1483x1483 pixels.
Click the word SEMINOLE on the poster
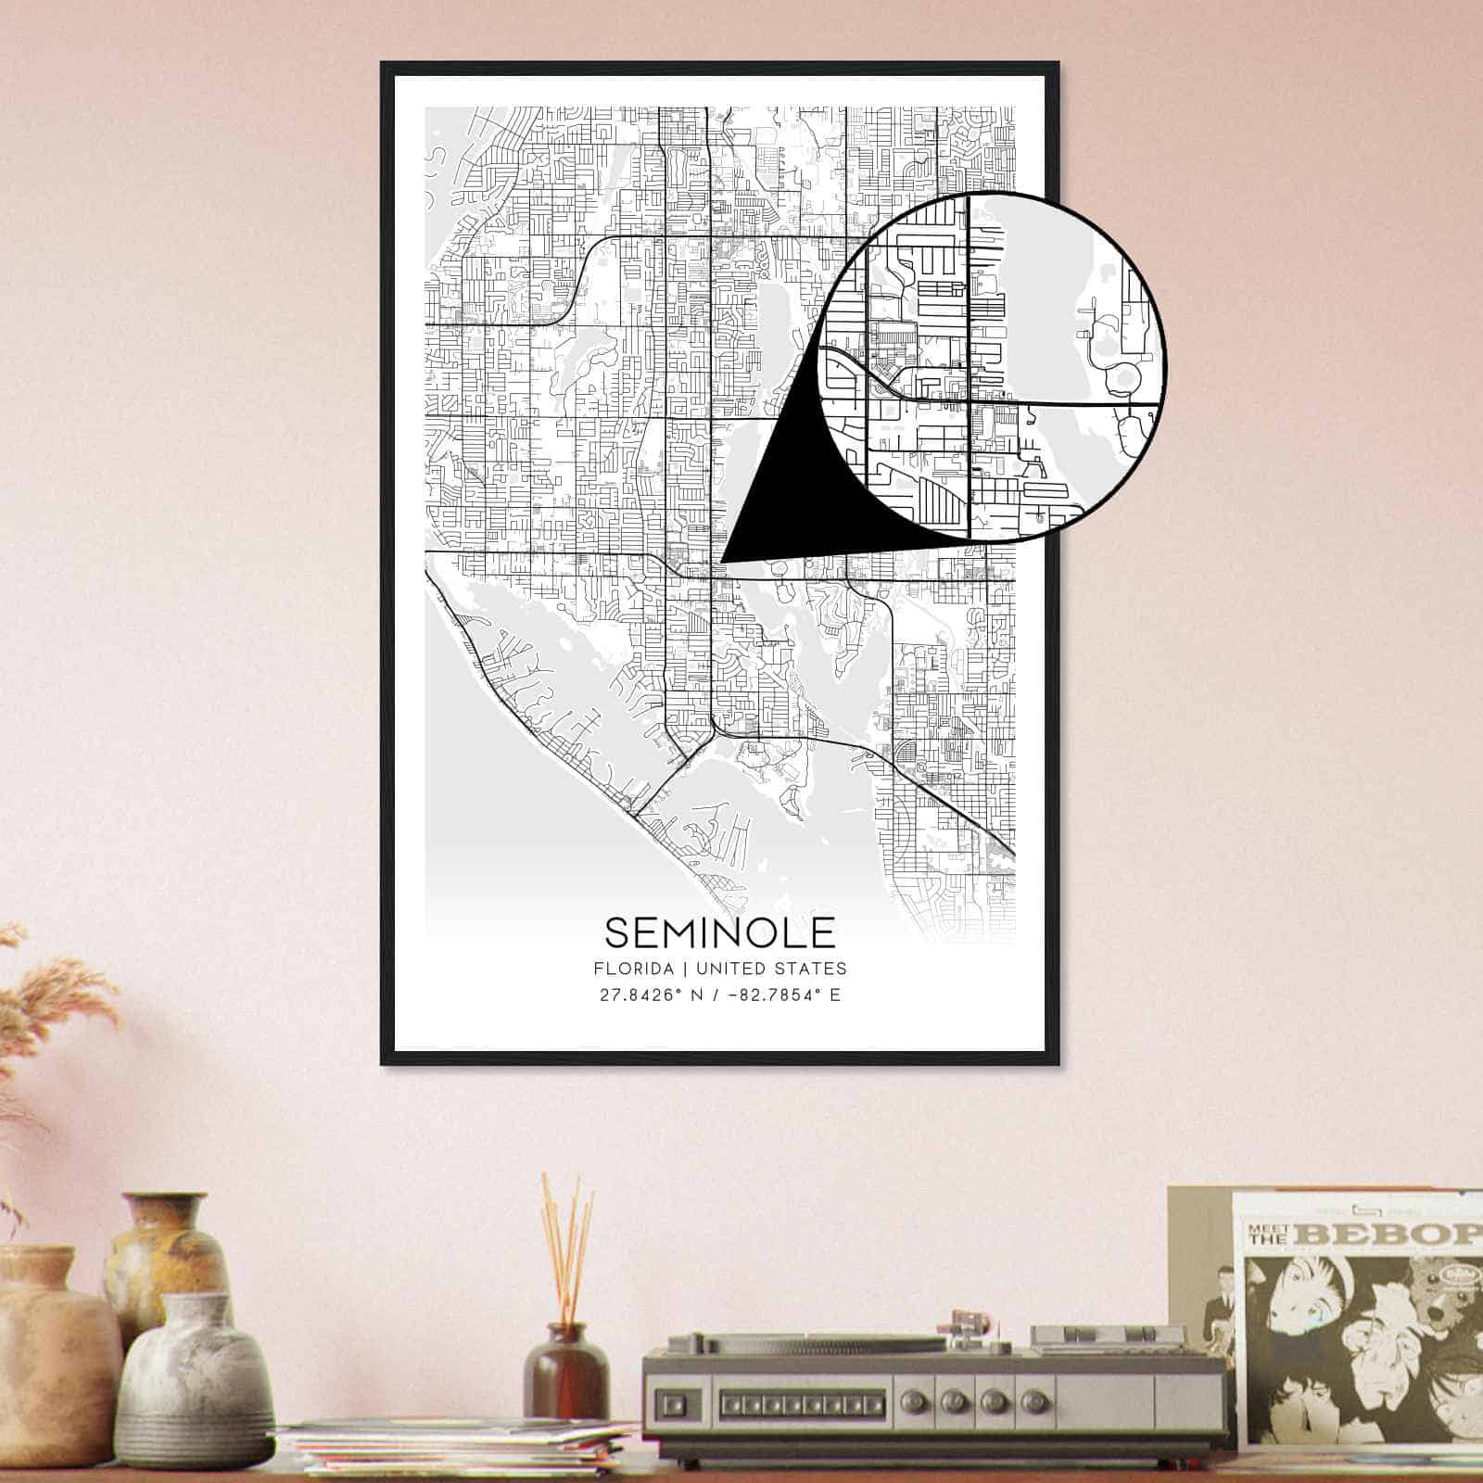[x=720, y=932]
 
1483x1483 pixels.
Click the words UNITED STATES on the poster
[x=770, y=969]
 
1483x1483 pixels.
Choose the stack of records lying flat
[x=454, y=1455]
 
